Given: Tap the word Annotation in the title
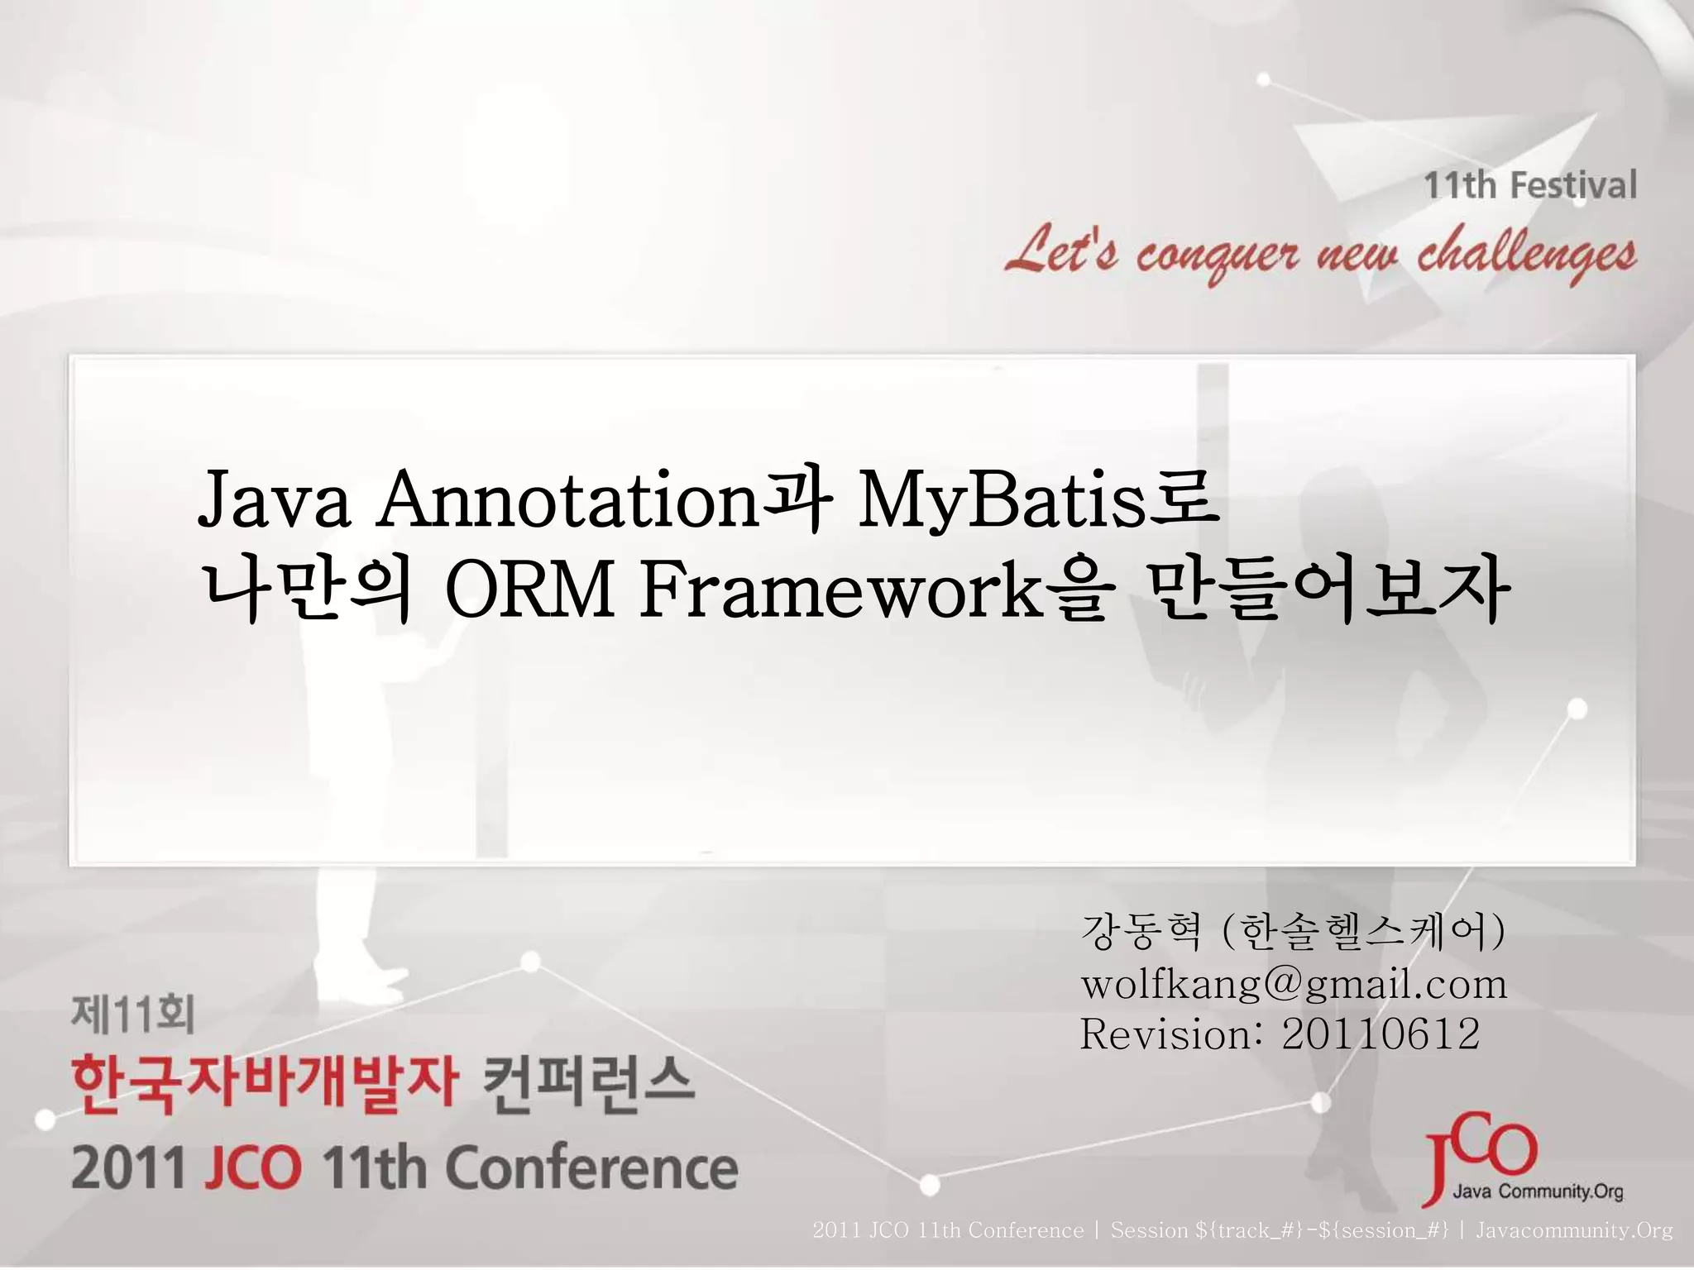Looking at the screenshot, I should coord(567,502).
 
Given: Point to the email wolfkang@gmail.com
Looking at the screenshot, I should coord(1294,985).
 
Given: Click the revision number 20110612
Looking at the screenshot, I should coord(1380,1034).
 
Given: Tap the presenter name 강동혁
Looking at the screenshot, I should coord(1140,934).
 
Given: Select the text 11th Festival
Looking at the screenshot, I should coord(1529,185).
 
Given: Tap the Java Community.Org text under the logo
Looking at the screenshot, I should coord(1538,1192).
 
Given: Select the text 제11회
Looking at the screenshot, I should coord(132,1015).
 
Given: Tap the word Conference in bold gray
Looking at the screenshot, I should coord(591,1167).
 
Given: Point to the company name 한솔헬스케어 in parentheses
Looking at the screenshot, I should coord(1362,934).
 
